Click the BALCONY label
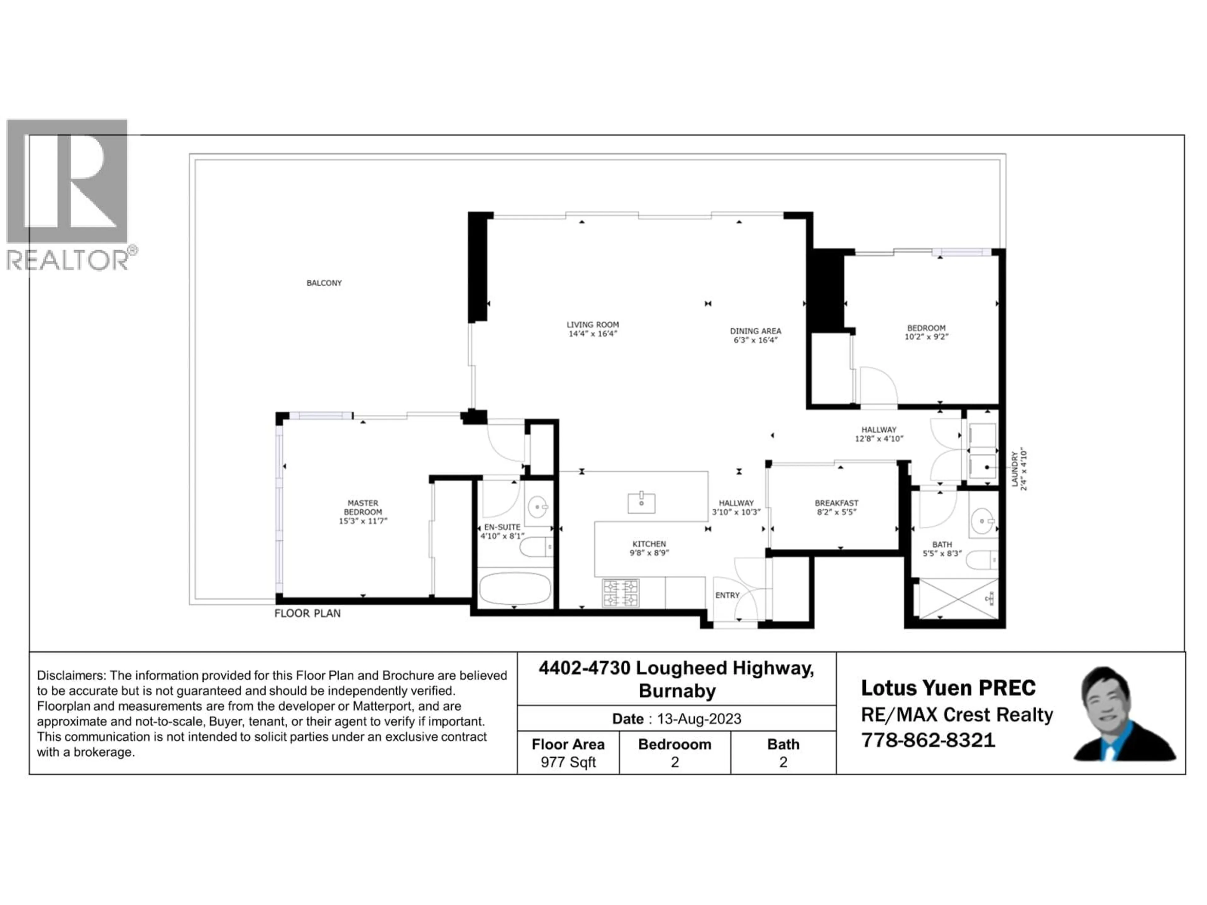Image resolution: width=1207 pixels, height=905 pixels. point(324,282)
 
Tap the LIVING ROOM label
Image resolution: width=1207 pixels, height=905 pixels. point(592,325)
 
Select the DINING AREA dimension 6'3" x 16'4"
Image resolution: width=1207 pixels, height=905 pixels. point(755,340)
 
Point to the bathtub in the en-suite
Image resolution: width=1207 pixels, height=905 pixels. point(515,588)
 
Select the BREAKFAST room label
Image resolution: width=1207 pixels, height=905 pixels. point(836,503)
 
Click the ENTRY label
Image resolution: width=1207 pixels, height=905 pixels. point(727,595)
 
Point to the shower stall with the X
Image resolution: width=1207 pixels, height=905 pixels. point(958,599)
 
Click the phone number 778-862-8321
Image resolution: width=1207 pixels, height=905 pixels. point(928,740)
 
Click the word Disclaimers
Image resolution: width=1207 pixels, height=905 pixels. point(71,675)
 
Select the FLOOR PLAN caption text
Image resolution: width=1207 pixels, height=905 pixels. point(307,613)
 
